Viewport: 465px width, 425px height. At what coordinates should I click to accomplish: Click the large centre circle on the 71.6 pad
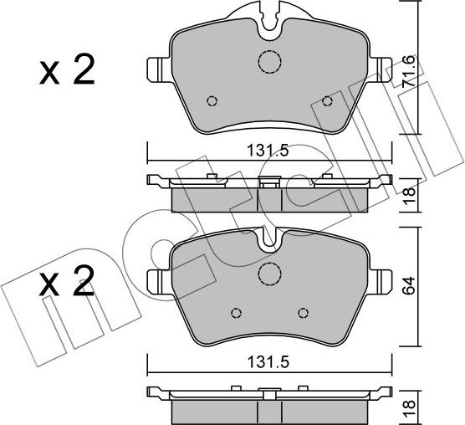[269, 62]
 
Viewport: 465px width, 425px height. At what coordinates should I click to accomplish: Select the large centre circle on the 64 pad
[269, 274]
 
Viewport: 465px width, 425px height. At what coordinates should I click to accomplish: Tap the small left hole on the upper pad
[212, 101]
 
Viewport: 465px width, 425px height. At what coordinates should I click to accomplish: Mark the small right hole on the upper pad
[328, 101]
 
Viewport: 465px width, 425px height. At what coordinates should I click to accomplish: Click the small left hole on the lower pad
[236, 313]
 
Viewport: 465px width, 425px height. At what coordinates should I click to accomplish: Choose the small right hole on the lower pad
[303, 313]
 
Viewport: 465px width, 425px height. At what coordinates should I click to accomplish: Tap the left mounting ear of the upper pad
[157, 68]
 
